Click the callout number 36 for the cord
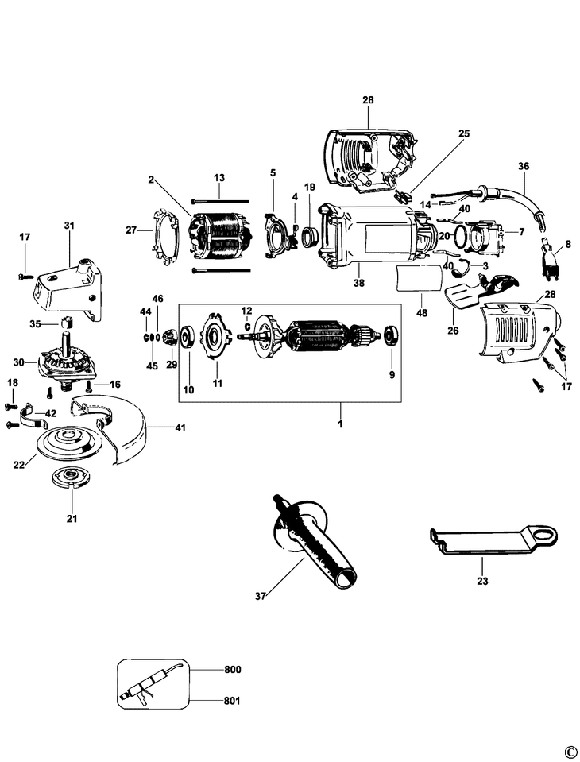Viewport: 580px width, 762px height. [545, 167]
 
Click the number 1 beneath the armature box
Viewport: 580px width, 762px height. [341, 416]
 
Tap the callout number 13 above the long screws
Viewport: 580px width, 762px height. [219, 176]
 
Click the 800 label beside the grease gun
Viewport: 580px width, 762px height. [232, 670]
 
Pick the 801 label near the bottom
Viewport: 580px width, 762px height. [232, 702]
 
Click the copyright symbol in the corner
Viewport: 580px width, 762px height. [569, 752]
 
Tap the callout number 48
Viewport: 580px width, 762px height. [422, 313]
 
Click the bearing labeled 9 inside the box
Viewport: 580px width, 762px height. [390, 335]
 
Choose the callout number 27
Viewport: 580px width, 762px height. [131, 230]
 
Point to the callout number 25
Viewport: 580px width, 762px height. [463, 133]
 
